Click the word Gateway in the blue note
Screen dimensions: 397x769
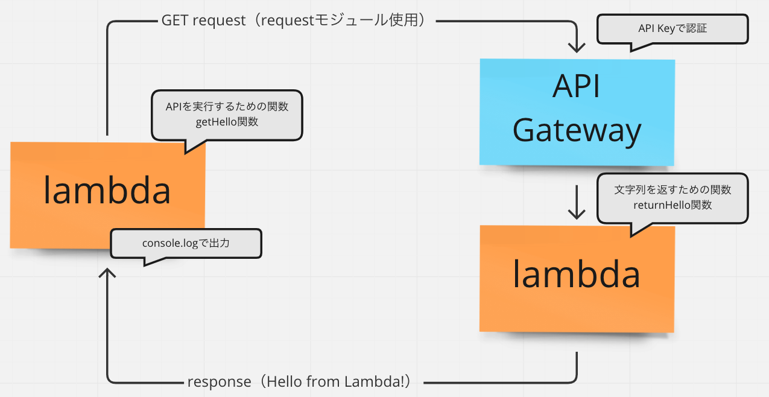pos(577,130)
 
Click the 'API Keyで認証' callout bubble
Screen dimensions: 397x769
pos(672,28)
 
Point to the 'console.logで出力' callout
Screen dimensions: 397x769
pos(186,243)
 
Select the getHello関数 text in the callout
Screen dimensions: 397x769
pos(227,121)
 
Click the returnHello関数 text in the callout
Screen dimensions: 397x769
pos(672,205)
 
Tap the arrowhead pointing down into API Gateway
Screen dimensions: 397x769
pos(577,48)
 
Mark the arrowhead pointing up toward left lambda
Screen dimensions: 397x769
pos(107,275)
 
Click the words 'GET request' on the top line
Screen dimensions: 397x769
pos(203,20)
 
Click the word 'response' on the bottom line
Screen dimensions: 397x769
pos(219,382)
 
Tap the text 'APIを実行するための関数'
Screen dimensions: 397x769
pos(227,107)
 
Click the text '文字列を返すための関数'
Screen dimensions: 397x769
pos(672,189)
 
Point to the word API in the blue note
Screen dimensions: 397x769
pos(576,87)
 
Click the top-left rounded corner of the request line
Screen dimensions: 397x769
pos(110,24)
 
